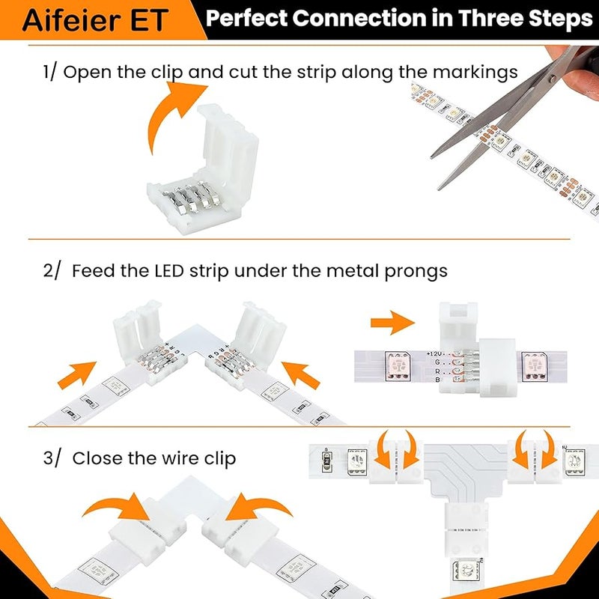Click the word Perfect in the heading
tap(246, 19)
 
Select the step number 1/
tap(51, 72)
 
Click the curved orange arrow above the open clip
tap(176, 112)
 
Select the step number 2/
tap(52, 271)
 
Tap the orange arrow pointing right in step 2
tap(392, 324)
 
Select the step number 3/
tap(52, 458)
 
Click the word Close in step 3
tap(95, 458)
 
